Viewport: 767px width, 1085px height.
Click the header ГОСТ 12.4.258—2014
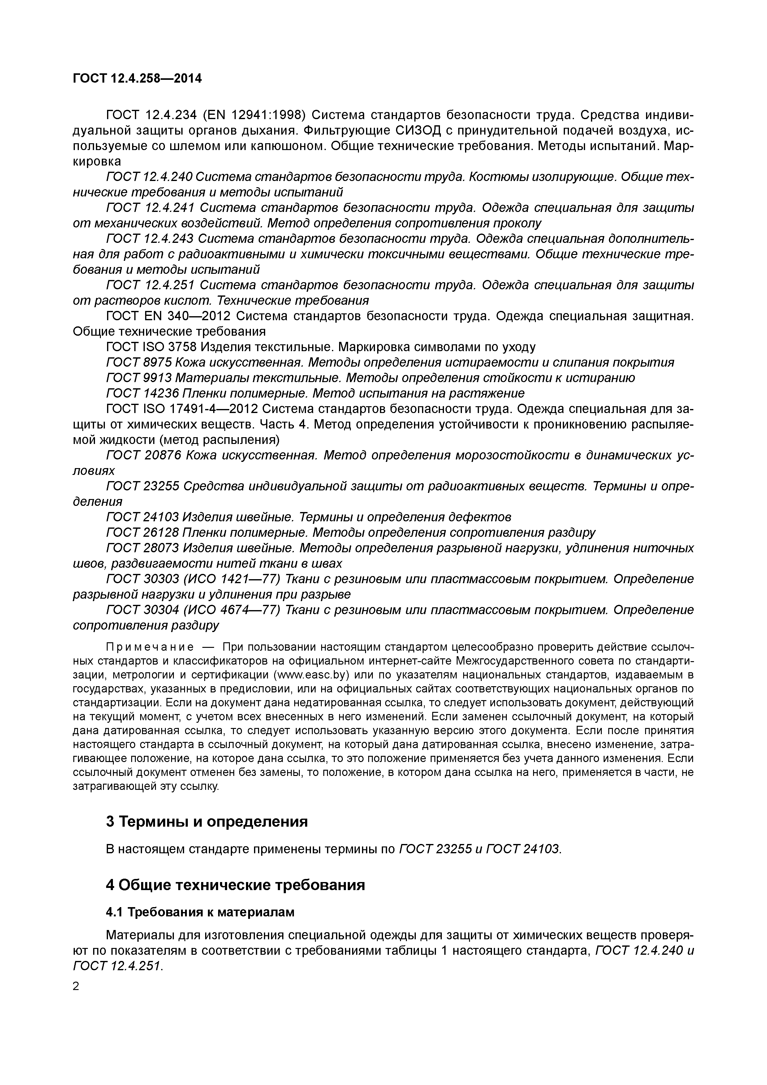click(x=137, y=79)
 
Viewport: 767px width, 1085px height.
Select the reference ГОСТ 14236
click(x=142, y=393)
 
